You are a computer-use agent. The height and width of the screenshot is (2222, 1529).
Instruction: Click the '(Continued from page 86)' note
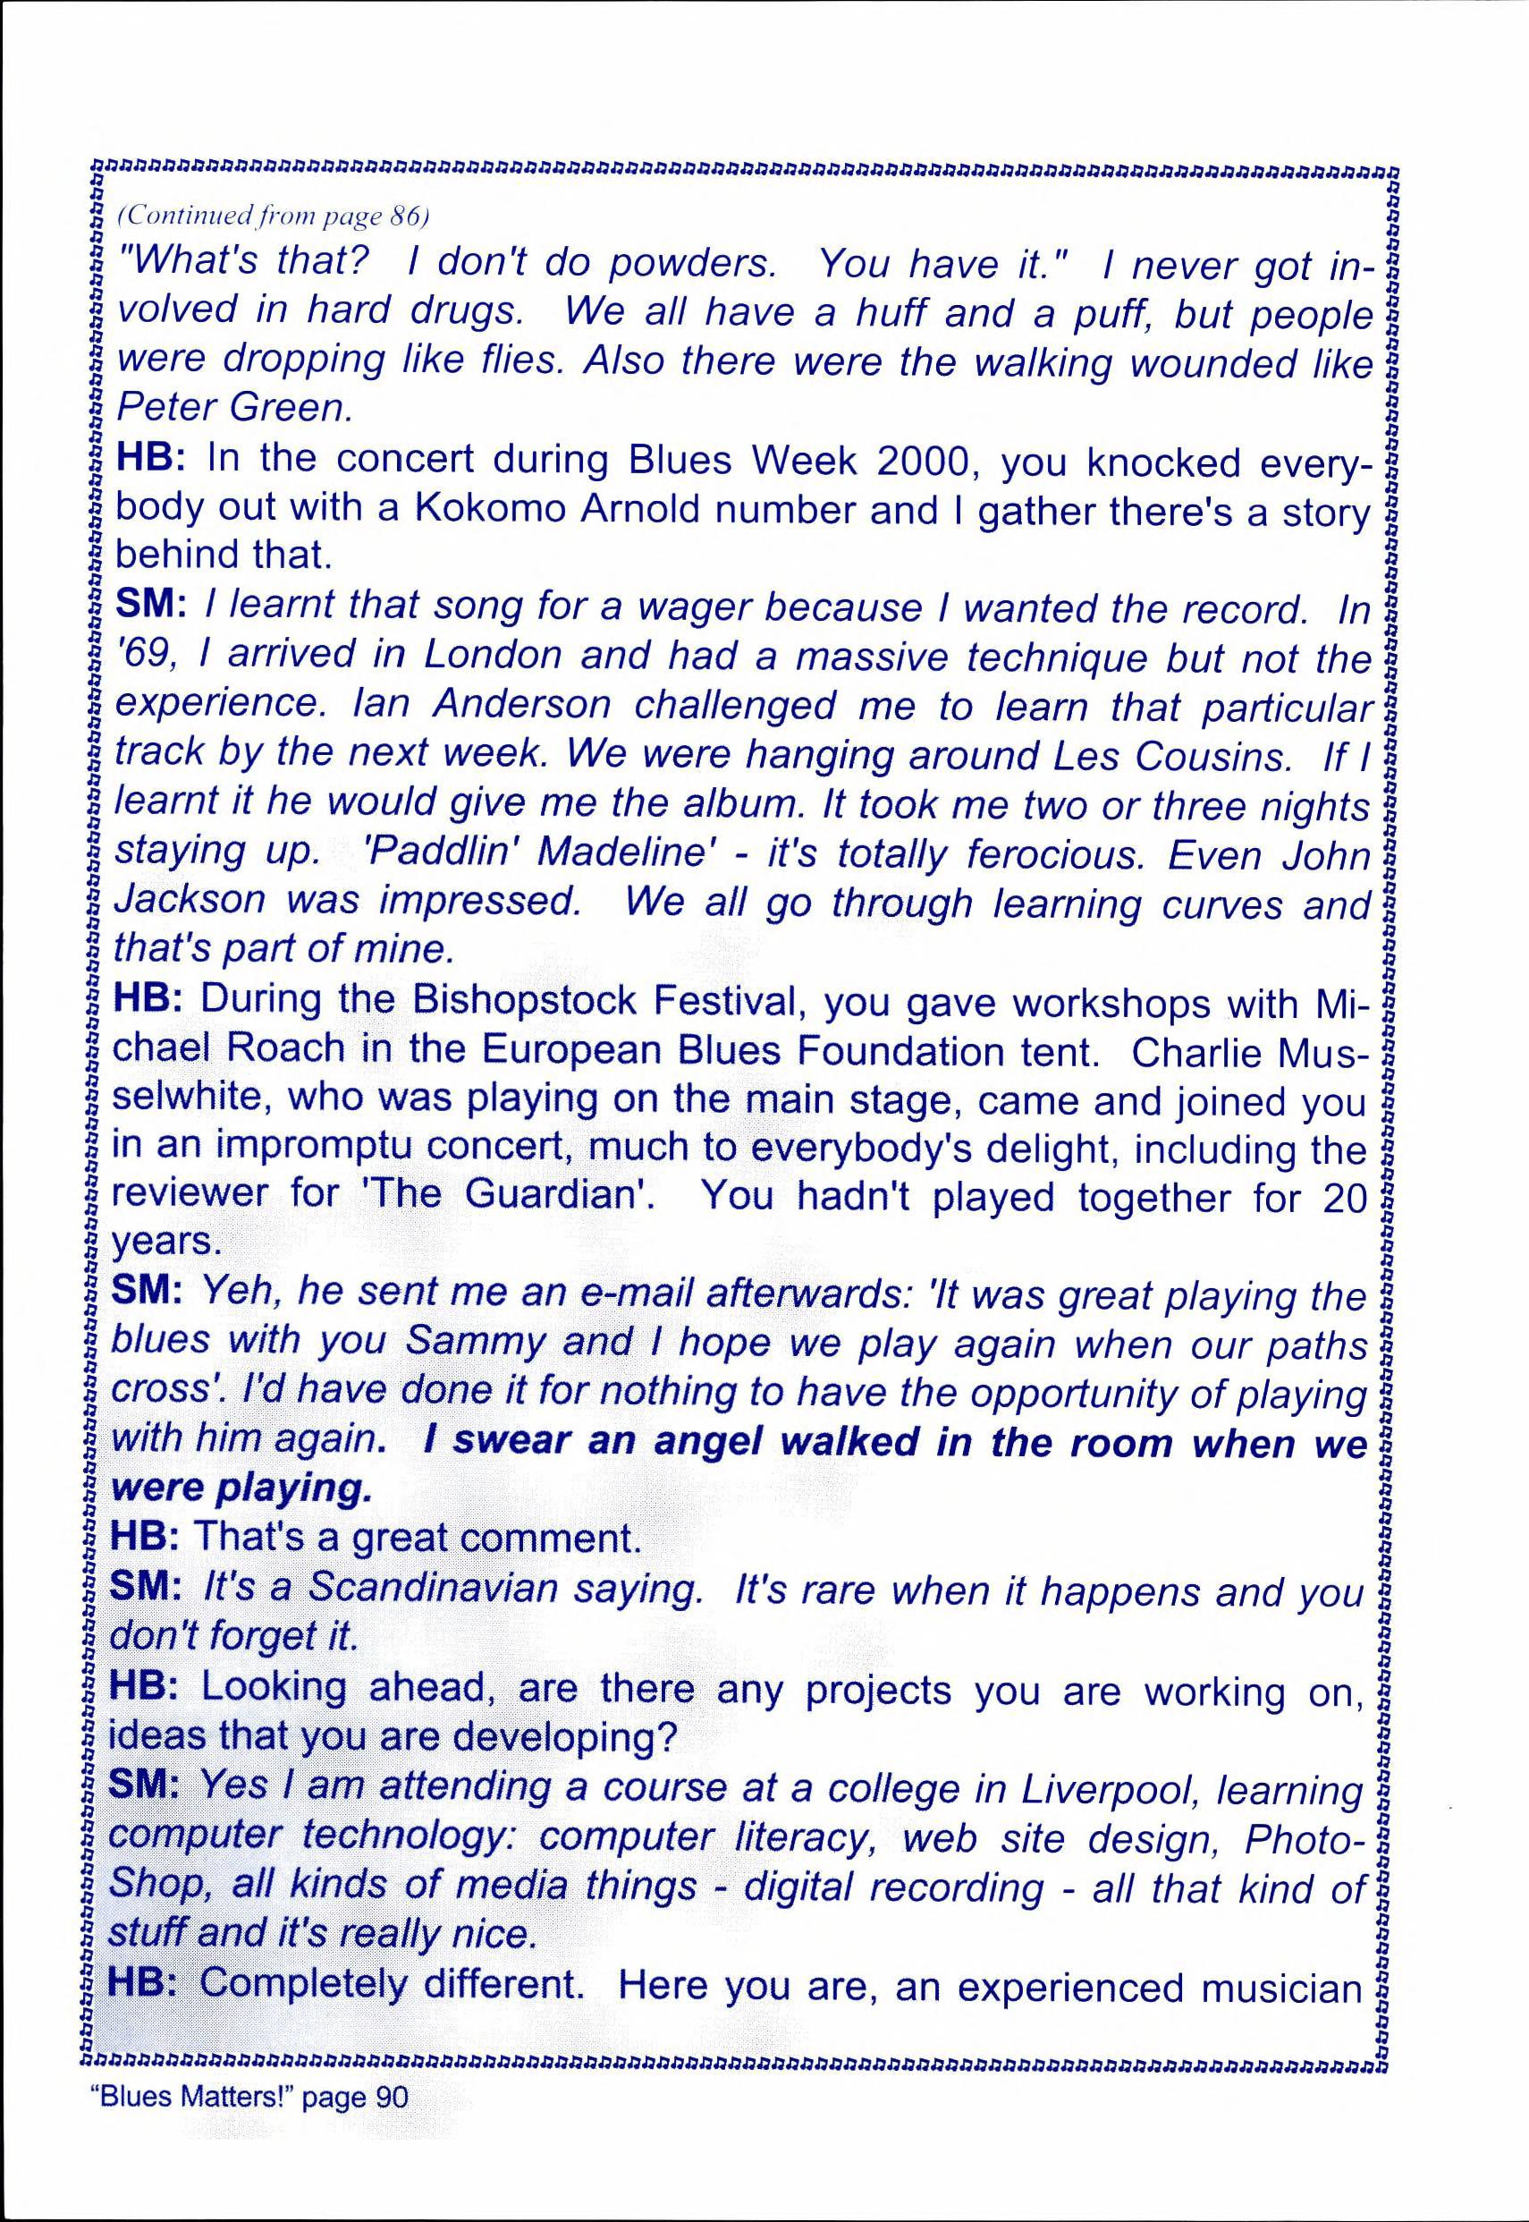pyautogui.click(x=270, y=216)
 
